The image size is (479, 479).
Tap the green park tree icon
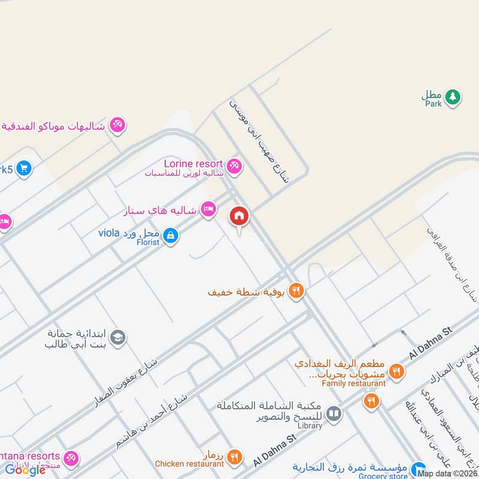(x=453, y=96)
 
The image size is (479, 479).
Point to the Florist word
(x=147, y=243)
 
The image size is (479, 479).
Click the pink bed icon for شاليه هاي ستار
(x=208, y=210)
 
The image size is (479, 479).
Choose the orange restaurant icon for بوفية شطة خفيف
(x=295, y=292)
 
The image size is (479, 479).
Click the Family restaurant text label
(x=353, y=383)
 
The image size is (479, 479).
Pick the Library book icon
(x=334, y=413)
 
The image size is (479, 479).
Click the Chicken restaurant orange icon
(x=235, y=457)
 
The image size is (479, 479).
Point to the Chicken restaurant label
(x=189, y=463)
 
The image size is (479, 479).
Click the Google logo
(x=25, y=469)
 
